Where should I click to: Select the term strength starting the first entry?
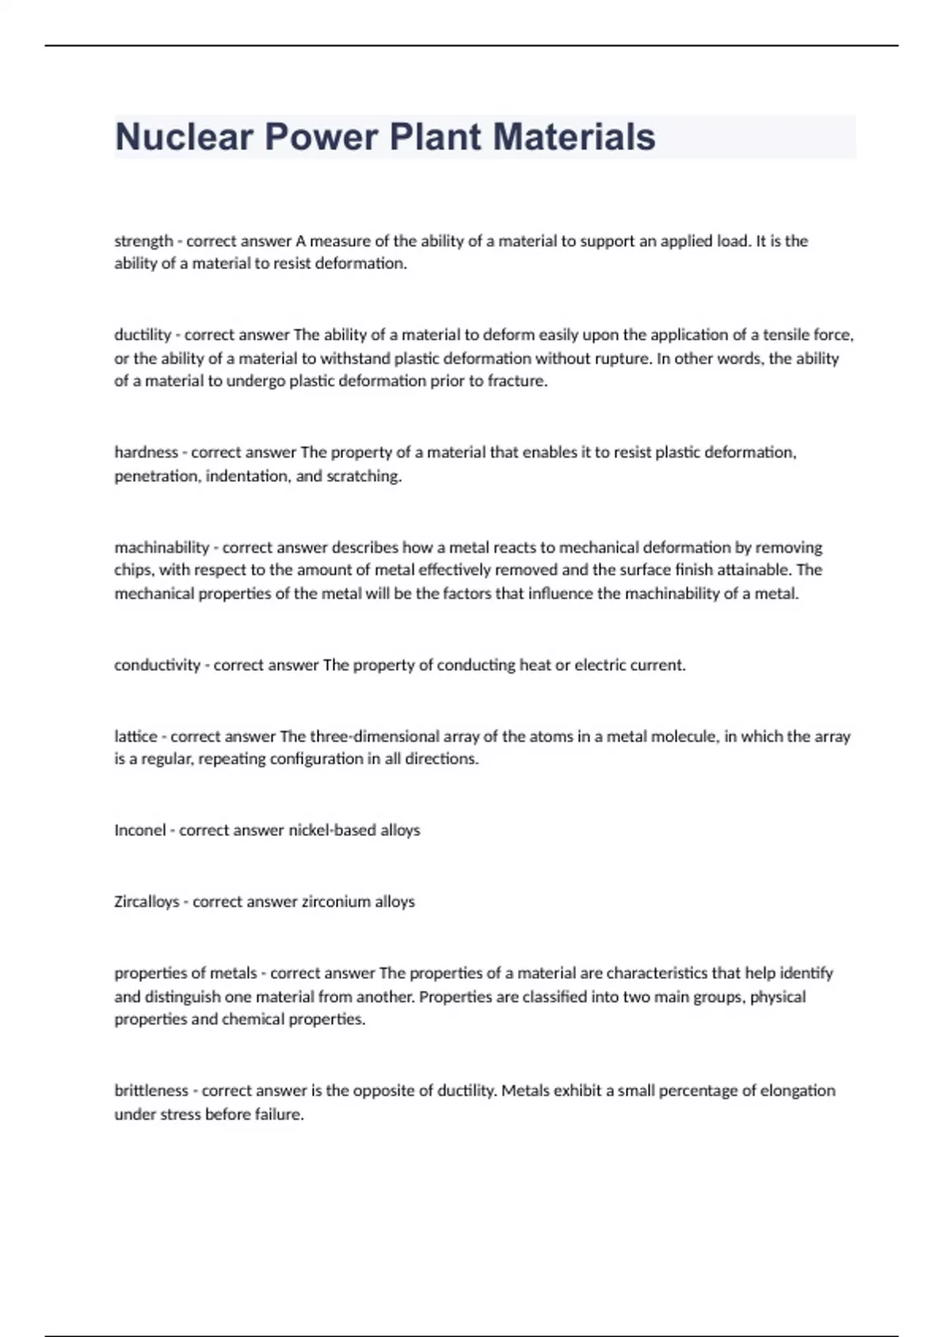click(x=143, y=241)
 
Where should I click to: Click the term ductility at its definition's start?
click(x=142, y=335)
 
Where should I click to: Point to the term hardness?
click(x=146, y=452)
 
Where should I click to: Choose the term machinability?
click(x=161, y=547)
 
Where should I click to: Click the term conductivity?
click(x=157, y=665)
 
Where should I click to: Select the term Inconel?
click(x=140, y=831)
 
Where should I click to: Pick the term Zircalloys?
click(x=146, y=902)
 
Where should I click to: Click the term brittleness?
click(x=151, y=1091)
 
